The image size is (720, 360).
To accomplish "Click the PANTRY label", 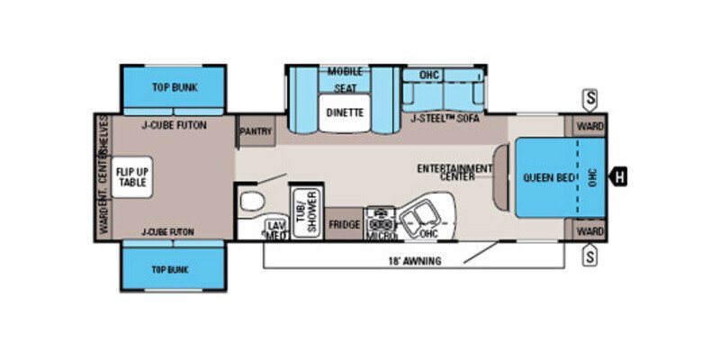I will pyautogui.click(x=256, y=131).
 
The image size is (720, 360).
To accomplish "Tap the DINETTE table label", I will pyautogui.click(x=345, y=113).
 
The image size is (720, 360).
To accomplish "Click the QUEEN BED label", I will pyautogui.click(x=549, y=177).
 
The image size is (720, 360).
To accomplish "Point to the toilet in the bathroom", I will pyautogui.click(x=252, y=199).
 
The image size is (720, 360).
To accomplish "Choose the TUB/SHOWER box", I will pyautogui.click(x=306, y=213).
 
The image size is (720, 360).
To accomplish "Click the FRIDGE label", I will pyautogui.click(x=344, y=224).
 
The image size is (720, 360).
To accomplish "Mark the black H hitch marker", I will pyautogui.click(x=618, y=177).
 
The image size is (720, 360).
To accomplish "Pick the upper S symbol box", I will pyautogui.click(x=590, y=96).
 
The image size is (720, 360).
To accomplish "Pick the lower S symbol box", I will pyautogui.click(x=590, y=258).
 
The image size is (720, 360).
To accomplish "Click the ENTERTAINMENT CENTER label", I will pyautogui.click(x=454, y=173).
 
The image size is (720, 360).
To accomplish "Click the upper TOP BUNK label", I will pyautogui.click(x=174, y=87).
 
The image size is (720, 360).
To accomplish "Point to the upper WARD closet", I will pyautogui.click(x=589, y=124).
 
